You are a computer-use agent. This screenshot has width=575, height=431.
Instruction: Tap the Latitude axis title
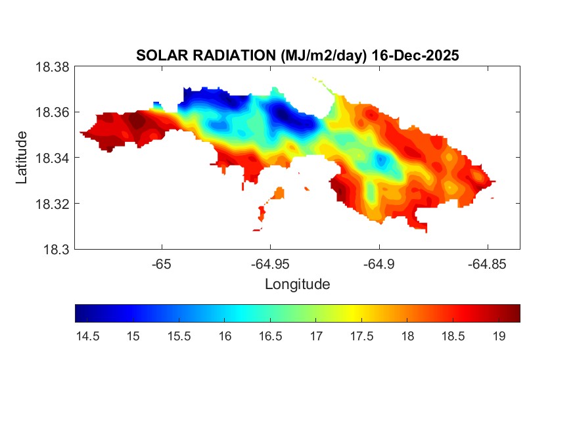pyautogui.click(x=22, y=158)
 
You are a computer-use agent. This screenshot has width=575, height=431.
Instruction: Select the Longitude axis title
pyautogui.click(x=297, y=284)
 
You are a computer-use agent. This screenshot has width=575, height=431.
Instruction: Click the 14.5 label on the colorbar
pyautogui.click(x=87, y=336)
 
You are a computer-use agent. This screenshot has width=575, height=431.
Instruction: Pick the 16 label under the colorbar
pyautogui.click(x=225, y=336)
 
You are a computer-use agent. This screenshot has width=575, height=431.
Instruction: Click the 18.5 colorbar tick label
pyautogui.click(x=453, y=336)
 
